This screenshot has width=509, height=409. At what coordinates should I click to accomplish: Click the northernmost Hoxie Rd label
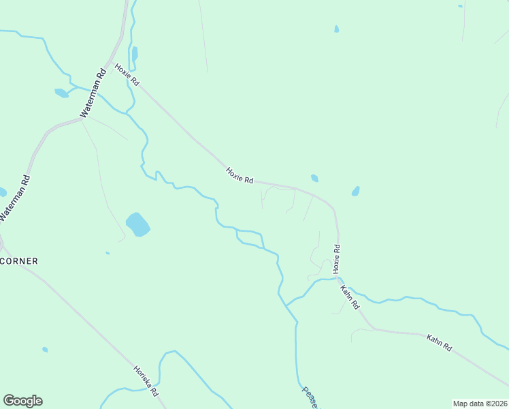[127, 75]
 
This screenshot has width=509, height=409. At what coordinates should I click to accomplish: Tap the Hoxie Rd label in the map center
[240, 175]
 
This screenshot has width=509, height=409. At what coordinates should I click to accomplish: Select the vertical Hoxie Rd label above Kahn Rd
[335, 256]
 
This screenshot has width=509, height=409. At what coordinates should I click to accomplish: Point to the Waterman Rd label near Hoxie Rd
[93, 95]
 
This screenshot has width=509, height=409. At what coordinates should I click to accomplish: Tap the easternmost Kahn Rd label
[439, 342]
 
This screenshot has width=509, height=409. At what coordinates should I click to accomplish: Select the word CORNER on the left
[19, 261]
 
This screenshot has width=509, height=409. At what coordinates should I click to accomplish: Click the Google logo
[22, 401]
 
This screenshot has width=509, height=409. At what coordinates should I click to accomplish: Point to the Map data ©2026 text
[480, 404]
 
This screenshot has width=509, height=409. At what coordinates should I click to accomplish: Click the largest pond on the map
[137, 224]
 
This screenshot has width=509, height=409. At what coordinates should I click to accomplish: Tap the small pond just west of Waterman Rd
[61, 93]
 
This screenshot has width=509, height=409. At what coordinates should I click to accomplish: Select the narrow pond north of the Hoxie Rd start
[134, 54]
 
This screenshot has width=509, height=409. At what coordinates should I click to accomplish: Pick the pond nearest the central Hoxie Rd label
[314, 179]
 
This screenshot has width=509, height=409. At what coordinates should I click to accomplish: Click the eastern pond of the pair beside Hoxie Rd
[355, 192]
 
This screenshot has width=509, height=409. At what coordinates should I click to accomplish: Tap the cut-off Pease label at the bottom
[310, 397]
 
